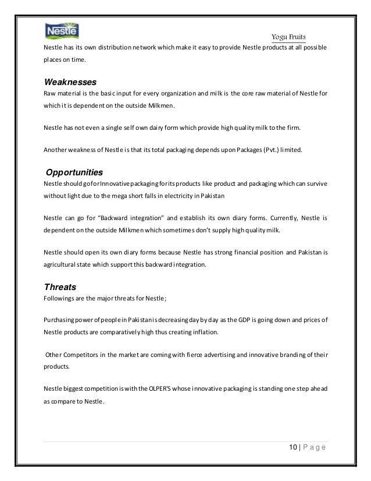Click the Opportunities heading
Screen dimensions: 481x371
click(74, 173)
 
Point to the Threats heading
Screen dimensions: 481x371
click(60, 287)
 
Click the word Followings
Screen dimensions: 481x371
click(59, 298)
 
